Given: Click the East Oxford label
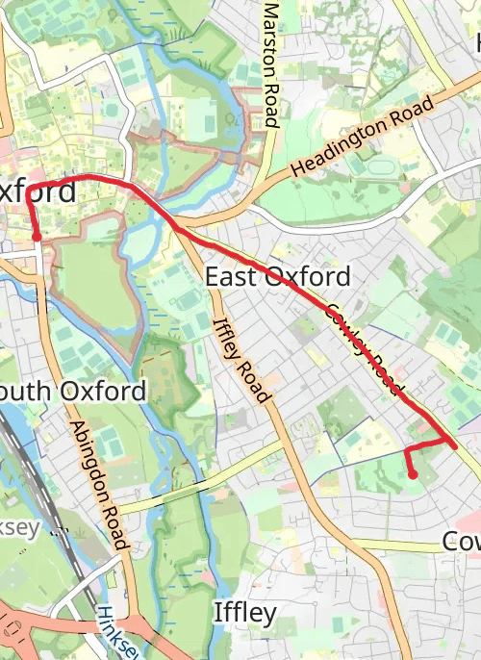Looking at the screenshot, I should pos(278,278).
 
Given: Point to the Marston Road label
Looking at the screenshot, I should pos(271,64).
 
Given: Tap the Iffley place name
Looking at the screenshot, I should pos(244,613).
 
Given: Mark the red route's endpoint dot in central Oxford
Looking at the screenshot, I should pos(37,236).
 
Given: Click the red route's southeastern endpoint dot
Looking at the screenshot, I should pos(413,474).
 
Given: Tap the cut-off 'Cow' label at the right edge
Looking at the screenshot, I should pos(461,542).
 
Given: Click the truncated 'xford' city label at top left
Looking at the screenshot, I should pos(38,190).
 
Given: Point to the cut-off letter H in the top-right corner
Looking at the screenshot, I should pos(475,43).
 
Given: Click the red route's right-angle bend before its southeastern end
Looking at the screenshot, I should pos(405,449).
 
